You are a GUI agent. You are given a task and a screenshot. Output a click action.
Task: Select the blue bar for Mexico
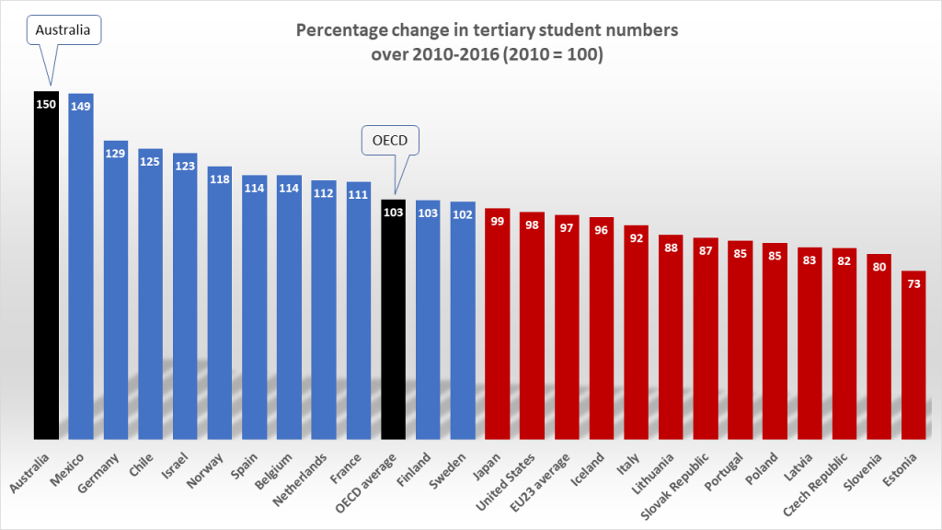pyautogui.click(x=81, y=266)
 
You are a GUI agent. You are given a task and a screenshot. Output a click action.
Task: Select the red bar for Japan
pyautogui.click(x=497, y=323)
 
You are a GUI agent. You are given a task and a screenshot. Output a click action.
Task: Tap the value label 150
pyautogui.click(x=46, y=104)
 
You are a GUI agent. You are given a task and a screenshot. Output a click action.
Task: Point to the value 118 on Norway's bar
pyautogui.click(x=220, y=179)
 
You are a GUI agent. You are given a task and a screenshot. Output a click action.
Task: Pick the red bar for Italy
pyautogui.click(x=636, y=331)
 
